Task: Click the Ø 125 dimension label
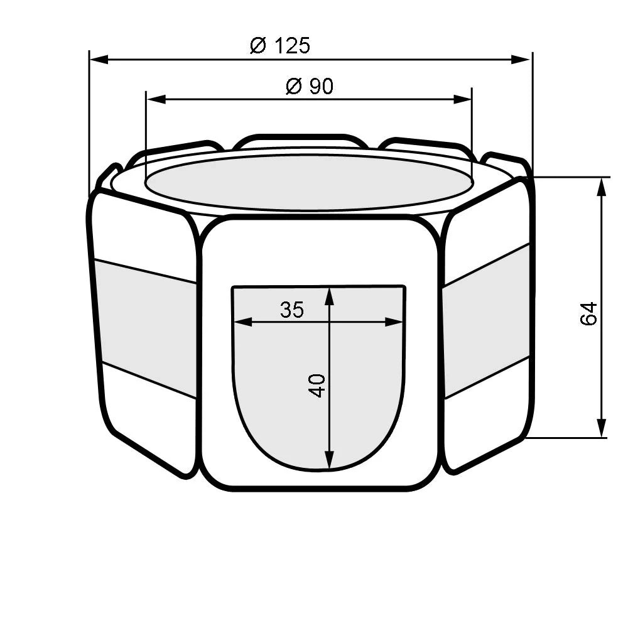[x=280, y=45]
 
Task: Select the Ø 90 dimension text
[x=310, y=86]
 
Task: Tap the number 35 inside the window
[x=292, y=310]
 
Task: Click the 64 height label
[x=589, y=313]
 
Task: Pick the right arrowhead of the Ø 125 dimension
[x=521, y=60]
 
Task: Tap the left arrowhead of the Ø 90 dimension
[x=156, y=99]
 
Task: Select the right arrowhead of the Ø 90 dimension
[x=462, y=99]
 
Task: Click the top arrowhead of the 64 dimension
[x=601, y=187]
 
